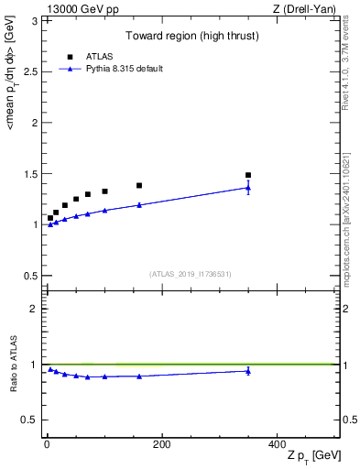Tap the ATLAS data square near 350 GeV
(x=248, y=175)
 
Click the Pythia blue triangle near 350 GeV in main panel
(x=248, y=188)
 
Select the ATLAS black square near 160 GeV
(x=139, y=185)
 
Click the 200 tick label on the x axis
(x=161, y=444)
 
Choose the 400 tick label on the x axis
(x=277, y=444)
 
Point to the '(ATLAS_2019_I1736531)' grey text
(x=191, y=273)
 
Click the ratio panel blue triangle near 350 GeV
(x=248, y=371)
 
